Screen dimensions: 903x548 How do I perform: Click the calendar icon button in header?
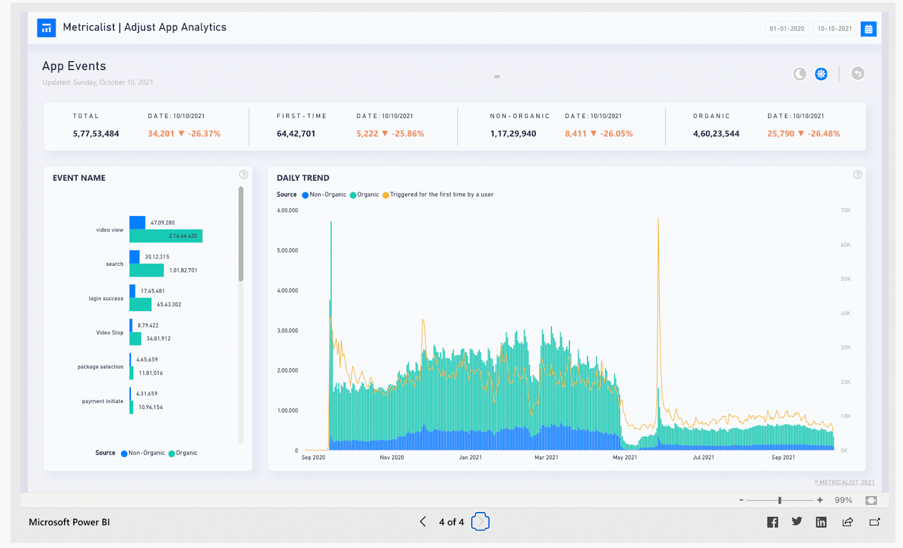(868, 29)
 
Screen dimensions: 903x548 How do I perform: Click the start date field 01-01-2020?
(787, 29)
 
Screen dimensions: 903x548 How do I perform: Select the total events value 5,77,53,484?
(96, 134)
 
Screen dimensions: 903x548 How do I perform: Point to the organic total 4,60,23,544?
(716, 134)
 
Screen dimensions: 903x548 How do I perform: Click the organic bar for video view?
(165, 236)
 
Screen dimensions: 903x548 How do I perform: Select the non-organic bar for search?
(134, 257)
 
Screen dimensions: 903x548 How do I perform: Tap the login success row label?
(106, 299)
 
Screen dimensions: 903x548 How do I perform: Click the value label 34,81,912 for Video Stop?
(159, 339)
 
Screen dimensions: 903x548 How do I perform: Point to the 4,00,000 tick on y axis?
(287, 291)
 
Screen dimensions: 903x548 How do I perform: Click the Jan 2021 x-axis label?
(470, 458)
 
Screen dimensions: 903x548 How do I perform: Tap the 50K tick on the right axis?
(845, 279)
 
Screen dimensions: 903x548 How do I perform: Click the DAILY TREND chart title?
(303, 178)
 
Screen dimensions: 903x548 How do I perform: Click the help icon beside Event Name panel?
(243, 175)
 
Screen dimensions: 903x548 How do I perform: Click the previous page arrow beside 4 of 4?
(423, 521)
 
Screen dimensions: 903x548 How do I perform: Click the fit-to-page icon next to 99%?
(871, 501)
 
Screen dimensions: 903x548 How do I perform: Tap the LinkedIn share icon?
(821, 522)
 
